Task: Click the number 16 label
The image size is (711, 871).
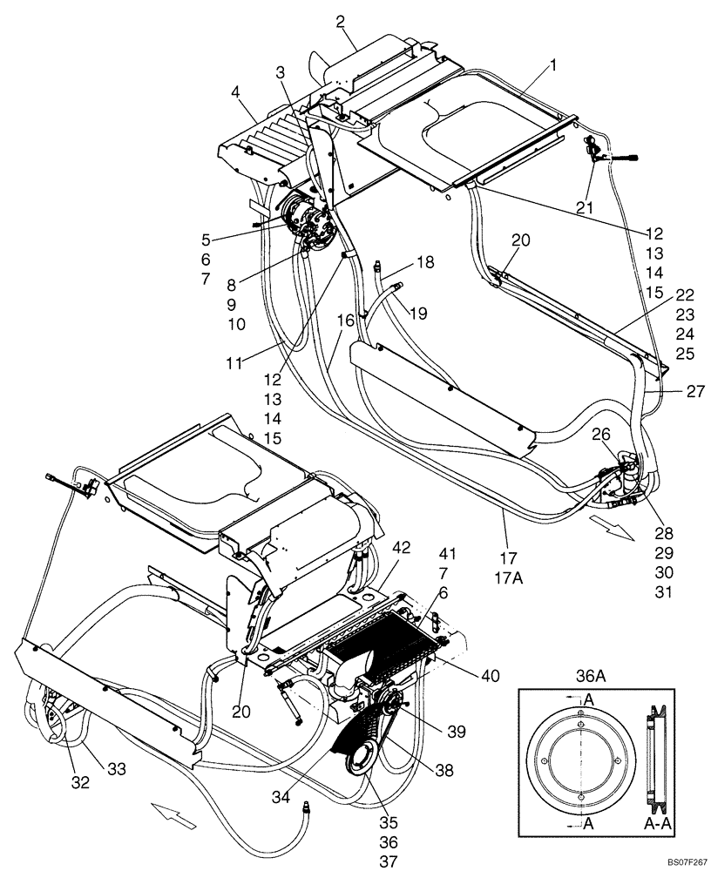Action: tap(346, 321)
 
